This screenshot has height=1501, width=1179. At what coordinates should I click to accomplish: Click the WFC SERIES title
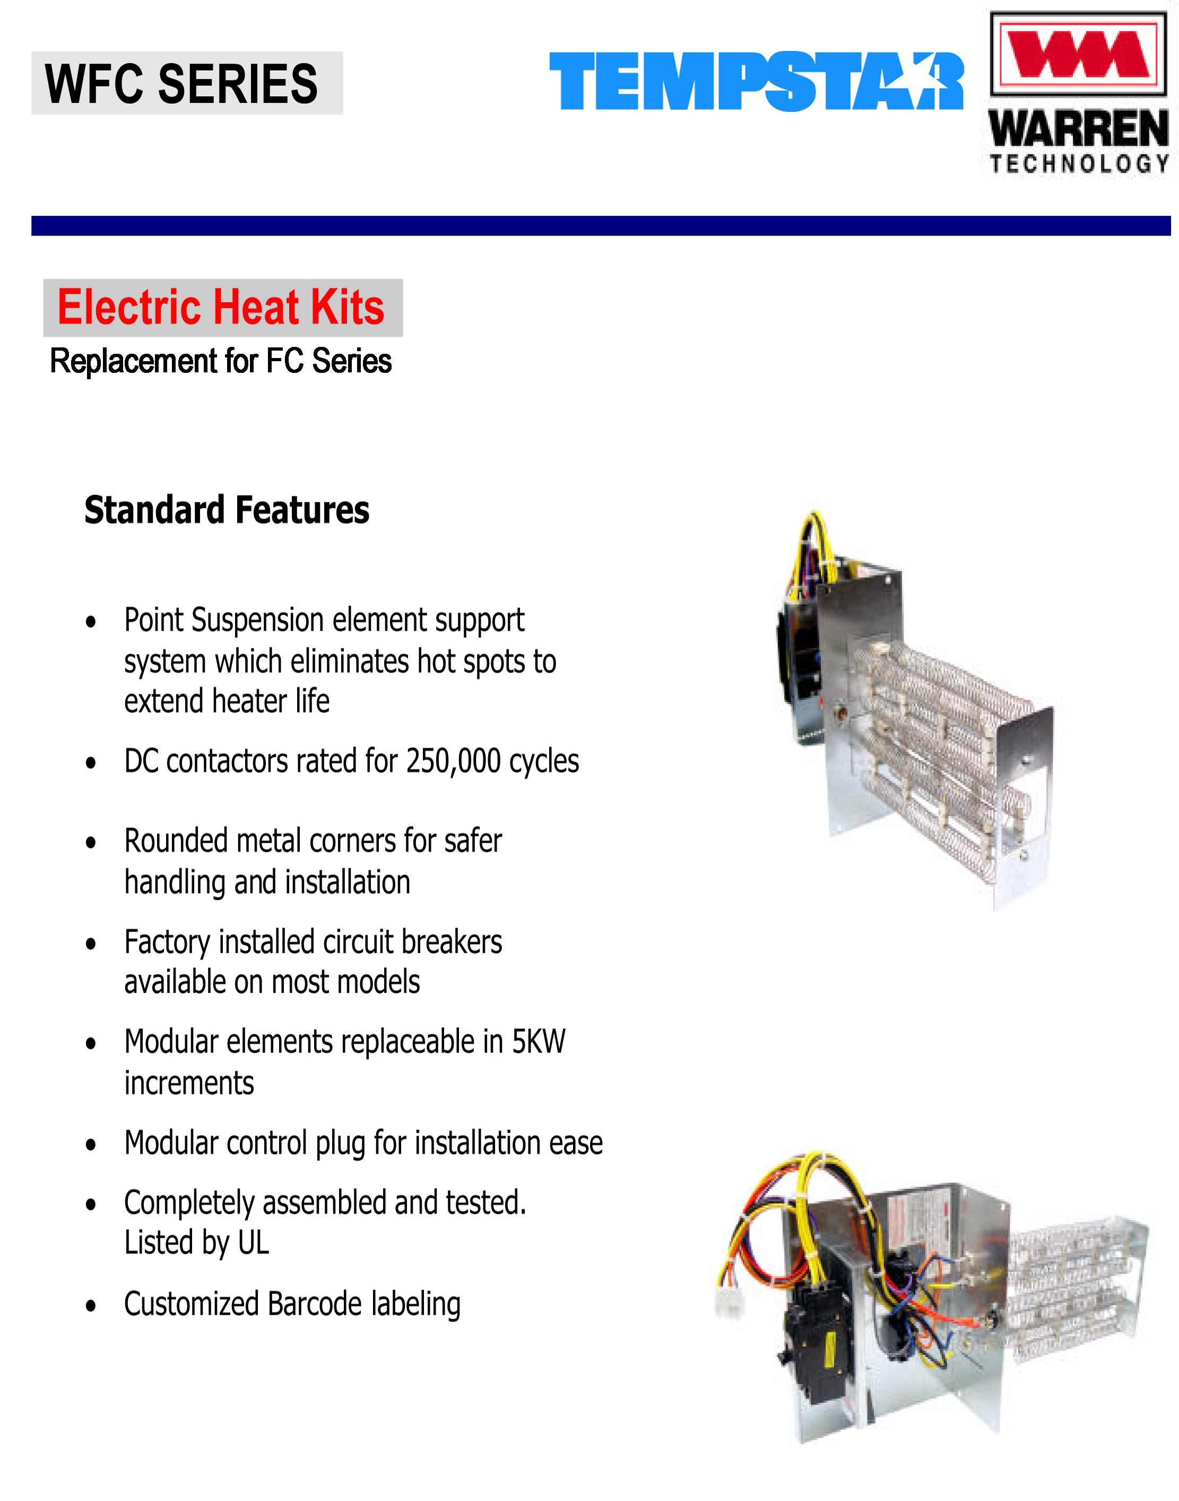(x=181, y=83)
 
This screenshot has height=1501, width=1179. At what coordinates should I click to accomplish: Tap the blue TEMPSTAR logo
(x=756, y=82)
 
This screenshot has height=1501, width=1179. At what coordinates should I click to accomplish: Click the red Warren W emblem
(x=1078, y=53)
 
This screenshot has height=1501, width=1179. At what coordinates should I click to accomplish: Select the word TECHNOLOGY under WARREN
(x=1079, y=163)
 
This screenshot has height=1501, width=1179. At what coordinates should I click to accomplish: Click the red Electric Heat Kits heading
(x=221, y=308)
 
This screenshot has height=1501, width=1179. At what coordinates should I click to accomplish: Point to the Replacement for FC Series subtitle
(x=221, y=361)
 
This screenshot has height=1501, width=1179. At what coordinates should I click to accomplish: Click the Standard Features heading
(x=227, y=510)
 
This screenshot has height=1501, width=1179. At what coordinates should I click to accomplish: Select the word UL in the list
(x=253, y=1243)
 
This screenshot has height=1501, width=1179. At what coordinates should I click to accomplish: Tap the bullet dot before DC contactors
(x=90, y=763)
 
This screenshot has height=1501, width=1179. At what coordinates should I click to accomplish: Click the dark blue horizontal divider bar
(x=601, y=225)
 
